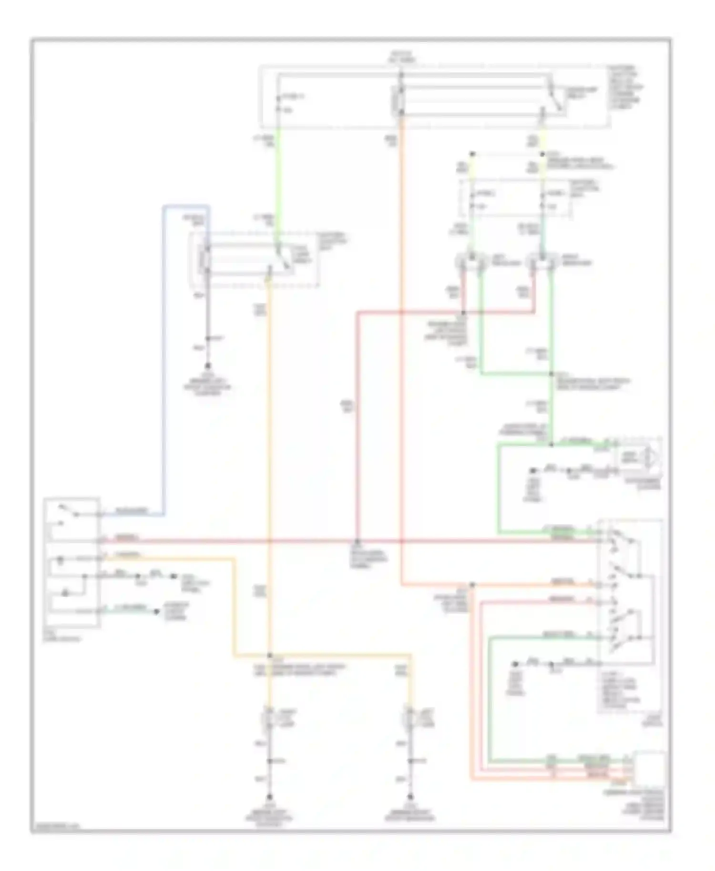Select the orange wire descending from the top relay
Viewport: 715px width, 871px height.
[x=401, y=334]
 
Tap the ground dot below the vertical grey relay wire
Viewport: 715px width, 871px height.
[x=208, y=366]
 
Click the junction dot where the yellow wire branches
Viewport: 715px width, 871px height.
[x=269, y=655]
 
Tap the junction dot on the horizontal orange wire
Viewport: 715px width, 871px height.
[x=472, y=585]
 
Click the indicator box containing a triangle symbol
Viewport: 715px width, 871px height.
[x=639, y=458]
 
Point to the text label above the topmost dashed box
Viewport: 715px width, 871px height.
[x=401, y=57]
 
